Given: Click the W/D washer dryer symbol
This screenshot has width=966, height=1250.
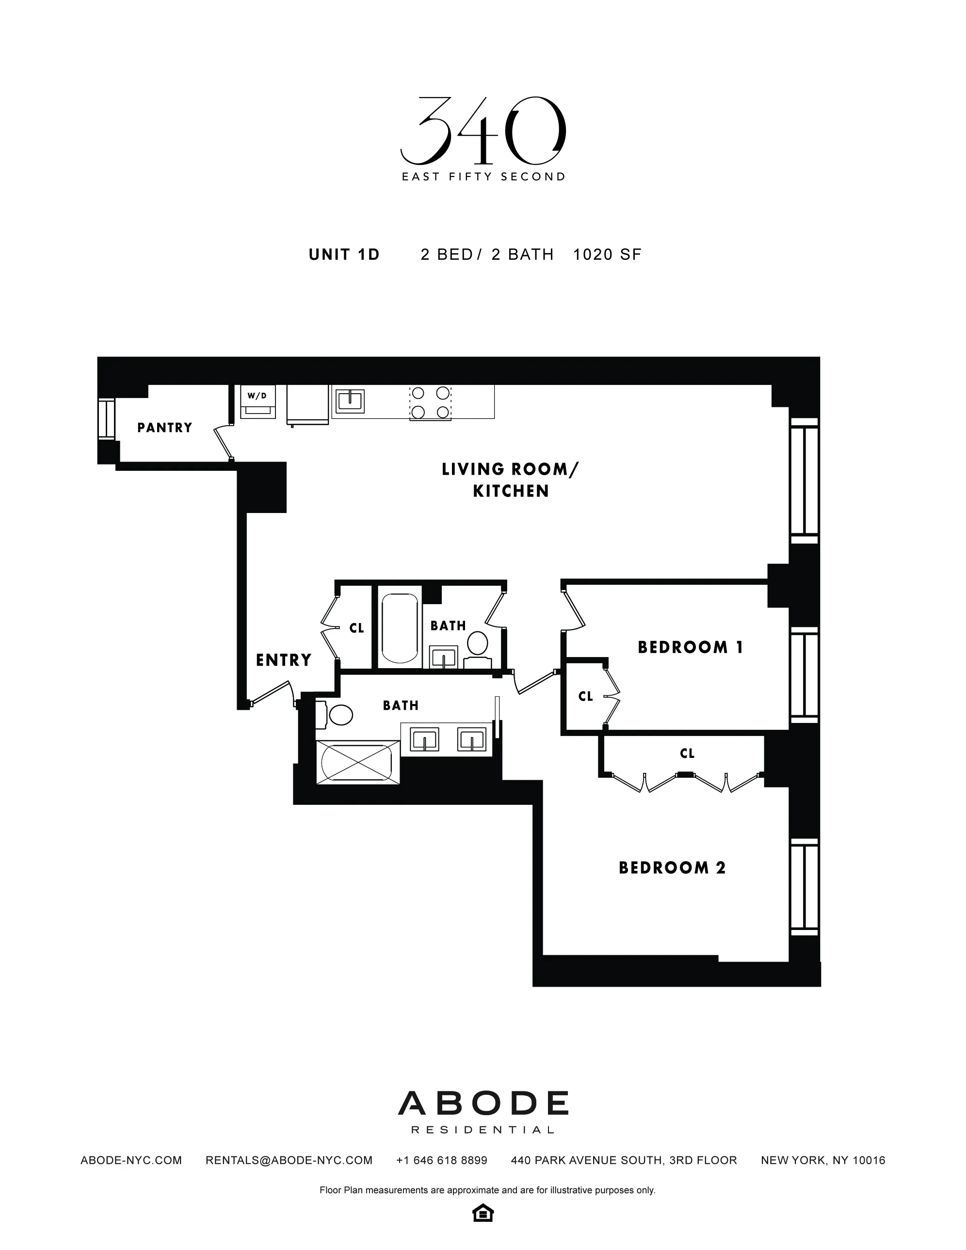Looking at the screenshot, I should tap(258, 402).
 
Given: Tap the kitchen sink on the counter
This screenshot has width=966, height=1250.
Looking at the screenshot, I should tap(349, 401).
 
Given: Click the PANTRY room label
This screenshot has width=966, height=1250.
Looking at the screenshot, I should tap(165, 428).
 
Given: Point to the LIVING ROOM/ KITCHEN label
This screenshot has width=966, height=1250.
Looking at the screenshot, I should tap(510, 480).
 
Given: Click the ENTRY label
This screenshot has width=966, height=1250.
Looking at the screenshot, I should tap(283, 660).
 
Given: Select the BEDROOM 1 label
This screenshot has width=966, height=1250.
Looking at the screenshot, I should tap(690, 647).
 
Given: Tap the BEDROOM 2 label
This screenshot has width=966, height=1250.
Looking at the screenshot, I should tap(672, 867).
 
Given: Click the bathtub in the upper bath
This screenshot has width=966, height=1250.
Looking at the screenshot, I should tap(400, 628).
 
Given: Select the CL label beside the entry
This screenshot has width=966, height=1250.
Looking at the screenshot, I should tap(356, 628).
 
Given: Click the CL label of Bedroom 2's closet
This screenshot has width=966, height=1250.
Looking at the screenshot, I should tap(687, 753).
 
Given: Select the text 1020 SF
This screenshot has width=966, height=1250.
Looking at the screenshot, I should tap(607, 255).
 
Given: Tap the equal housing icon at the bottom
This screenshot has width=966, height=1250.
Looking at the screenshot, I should tap(483, 1213).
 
